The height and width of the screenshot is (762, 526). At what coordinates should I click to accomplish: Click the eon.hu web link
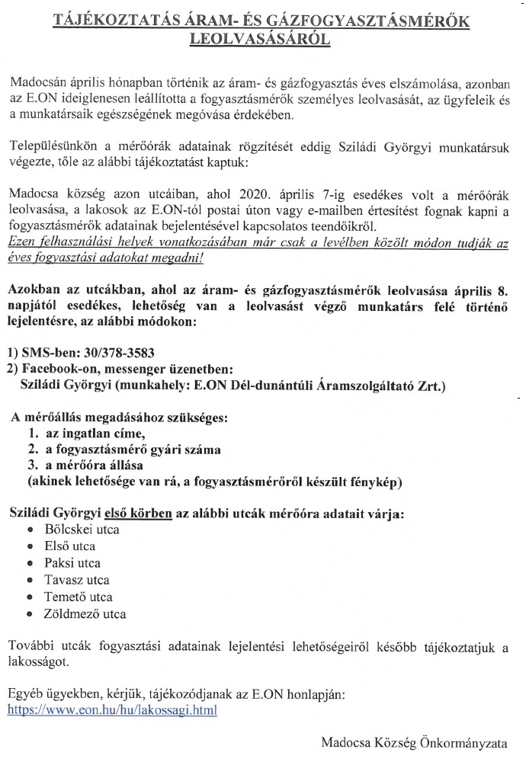(112, 709)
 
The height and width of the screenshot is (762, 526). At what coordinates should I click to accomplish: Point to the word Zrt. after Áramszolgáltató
(431, 386)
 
